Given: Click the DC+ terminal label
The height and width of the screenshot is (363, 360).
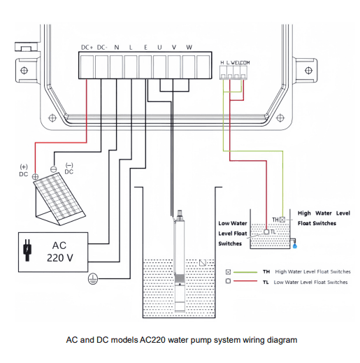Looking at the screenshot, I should click(x=87, y=47).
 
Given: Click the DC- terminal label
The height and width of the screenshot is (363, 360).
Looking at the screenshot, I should click(x=102, y=47).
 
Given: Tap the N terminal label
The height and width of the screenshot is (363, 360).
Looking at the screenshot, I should click(x=117, y=47).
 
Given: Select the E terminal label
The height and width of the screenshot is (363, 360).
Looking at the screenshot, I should click(x=145, y=47).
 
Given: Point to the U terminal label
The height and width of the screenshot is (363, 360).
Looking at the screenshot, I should click(x=160, y=47).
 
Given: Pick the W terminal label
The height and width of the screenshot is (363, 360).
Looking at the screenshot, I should click(x=189, y=47).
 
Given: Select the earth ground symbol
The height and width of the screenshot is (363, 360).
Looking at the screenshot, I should click(x=91, y=279).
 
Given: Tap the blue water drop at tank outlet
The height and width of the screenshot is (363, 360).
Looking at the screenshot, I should click(x=296, y=246).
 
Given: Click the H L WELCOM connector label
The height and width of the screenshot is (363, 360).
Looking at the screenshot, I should click(x=235, y=63).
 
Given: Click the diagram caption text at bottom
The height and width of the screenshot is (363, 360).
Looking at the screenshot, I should click(x=181, y=340).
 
